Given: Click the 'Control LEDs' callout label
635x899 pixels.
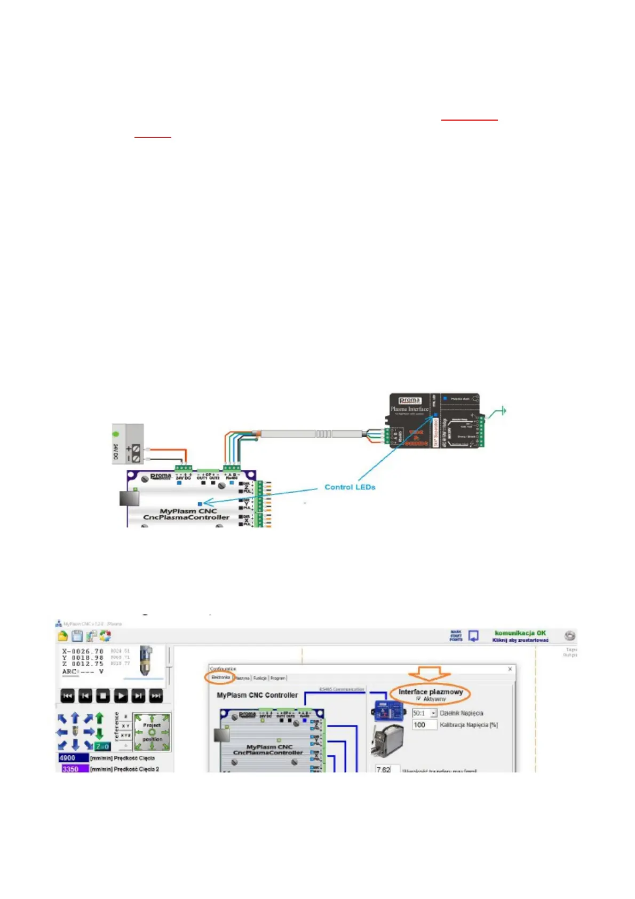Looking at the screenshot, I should tap(350, 487).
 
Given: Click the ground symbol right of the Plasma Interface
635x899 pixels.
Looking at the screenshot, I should tap(502, 411).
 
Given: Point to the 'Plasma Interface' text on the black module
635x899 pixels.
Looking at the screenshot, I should tap(409, 409).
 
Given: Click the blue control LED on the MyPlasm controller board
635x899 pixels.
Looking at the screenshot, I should tap(200, 503).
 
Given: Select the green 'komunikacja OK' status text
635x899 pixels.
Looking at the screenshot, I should tap(520, 633).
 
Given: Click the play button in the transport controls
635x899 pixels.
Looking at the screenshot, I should tap(121, 696).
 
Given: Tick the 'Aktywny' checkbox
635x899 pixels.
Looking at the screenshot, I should tap(418, 699).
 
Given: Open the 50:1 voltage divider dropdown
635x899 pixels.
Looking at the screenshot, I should tap(433, 713).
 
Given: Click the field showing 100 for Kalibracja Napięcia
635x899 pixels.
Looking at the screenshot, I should tap(424, 725).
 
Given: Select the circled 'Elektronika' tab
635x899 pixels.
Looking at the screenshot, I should tap(220, 677).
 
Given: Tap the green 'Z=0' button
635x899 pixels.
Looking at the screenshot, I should tap(102, 746).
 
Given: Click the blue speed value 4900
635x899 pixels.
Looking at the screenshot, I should tap(73, 758).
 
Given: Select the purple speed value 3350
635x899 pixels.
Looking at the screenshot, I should tap(73, 769).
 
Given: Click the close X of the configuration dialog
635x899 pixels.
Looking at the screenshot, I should tap(510, 669).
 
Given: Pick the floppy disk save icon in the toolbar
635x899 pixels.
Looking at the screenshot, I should tap(77, 636).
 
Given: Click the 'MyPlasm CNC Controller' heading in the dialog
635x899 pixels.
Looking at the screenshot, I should tap(257, 695).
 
